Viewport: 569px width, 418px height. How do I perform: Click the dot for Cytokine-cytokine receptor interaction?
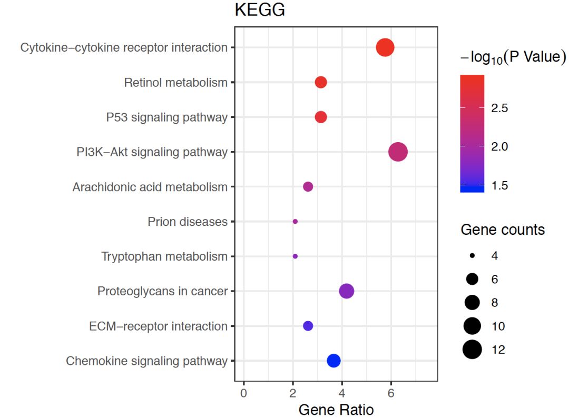pos(385,47)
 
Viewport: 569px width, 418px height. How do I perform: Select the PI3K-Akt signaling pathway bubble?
pos(398,152)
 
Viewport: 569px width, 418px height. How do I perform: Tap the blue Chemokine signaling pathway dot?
pos(333,361)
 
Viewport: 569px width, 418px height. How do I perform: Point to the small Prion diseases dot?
pos(295,222)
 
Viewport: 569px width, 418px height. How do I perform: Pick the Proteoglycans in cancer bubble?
pos(347,291)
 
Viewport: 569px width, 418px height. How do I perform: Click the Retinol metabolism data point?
pos(321,82)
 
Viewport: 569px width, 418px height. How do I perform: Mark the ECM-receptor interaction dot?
pos(308,326)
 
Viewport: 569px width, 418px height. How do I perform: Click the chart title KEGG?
pos(260,11)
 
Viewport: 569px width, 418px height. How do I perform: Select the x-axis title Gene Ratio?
pos(336,410)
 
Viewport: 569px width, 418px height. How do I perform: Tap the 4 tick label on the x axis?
pos(342,393)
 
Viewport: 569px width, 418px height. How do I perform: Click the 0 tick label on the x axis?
pos(243,393)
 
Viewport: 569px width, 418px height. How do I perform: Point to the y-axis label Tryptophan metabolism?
pos(164,256)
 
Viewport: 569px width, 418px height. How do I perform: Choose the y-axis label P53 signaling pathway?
pos(167,117)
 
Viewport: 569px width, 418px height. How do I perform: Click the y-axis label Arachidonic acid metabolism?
pos(150,187)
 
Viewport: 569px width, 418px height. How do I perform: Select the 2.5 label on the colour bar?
pos(499,108)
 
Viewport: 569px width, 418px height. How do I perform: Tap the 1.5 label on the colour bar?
pos(499,185)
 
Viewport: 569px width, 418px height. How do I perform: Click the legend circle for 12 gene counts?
pos(473,349)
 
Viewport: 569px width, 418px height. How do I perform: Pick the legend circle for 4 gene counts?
pos(473,255)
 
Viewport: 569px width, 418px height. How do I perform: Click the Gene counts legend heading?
pos(503,230)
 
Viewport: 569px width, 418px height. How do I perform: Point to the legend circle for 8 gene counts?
pos(473,302)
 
